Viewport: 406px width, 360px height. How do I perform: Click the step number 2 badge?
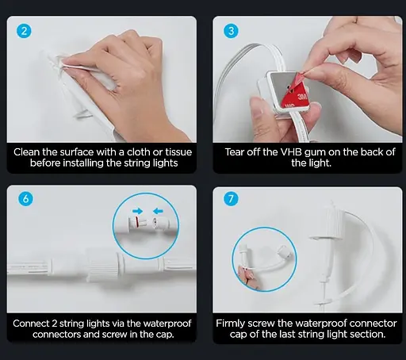24,31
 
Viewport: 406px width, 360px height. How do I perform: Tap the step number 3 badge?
231,31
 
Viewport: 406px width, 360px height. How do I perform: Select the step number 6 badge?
25,198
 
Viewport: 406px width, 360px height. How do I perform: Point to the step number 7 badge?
231,198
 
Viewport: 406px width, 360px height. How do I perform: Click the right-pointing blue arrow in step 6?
138,211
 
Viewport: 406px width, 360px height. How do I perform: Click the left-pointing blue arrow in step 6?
158,211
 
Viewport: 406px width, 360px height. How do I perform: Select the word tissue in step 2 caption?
178,152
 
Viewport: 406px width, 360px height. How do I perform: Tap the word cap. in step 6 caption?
165,335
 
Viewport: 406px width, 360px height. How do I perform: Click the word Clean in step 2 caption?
27,152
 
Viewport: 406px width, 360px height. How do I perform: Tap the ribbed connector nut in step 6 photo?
103,264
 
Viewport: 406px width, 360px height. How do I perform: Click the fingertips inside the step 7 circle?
245,275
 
